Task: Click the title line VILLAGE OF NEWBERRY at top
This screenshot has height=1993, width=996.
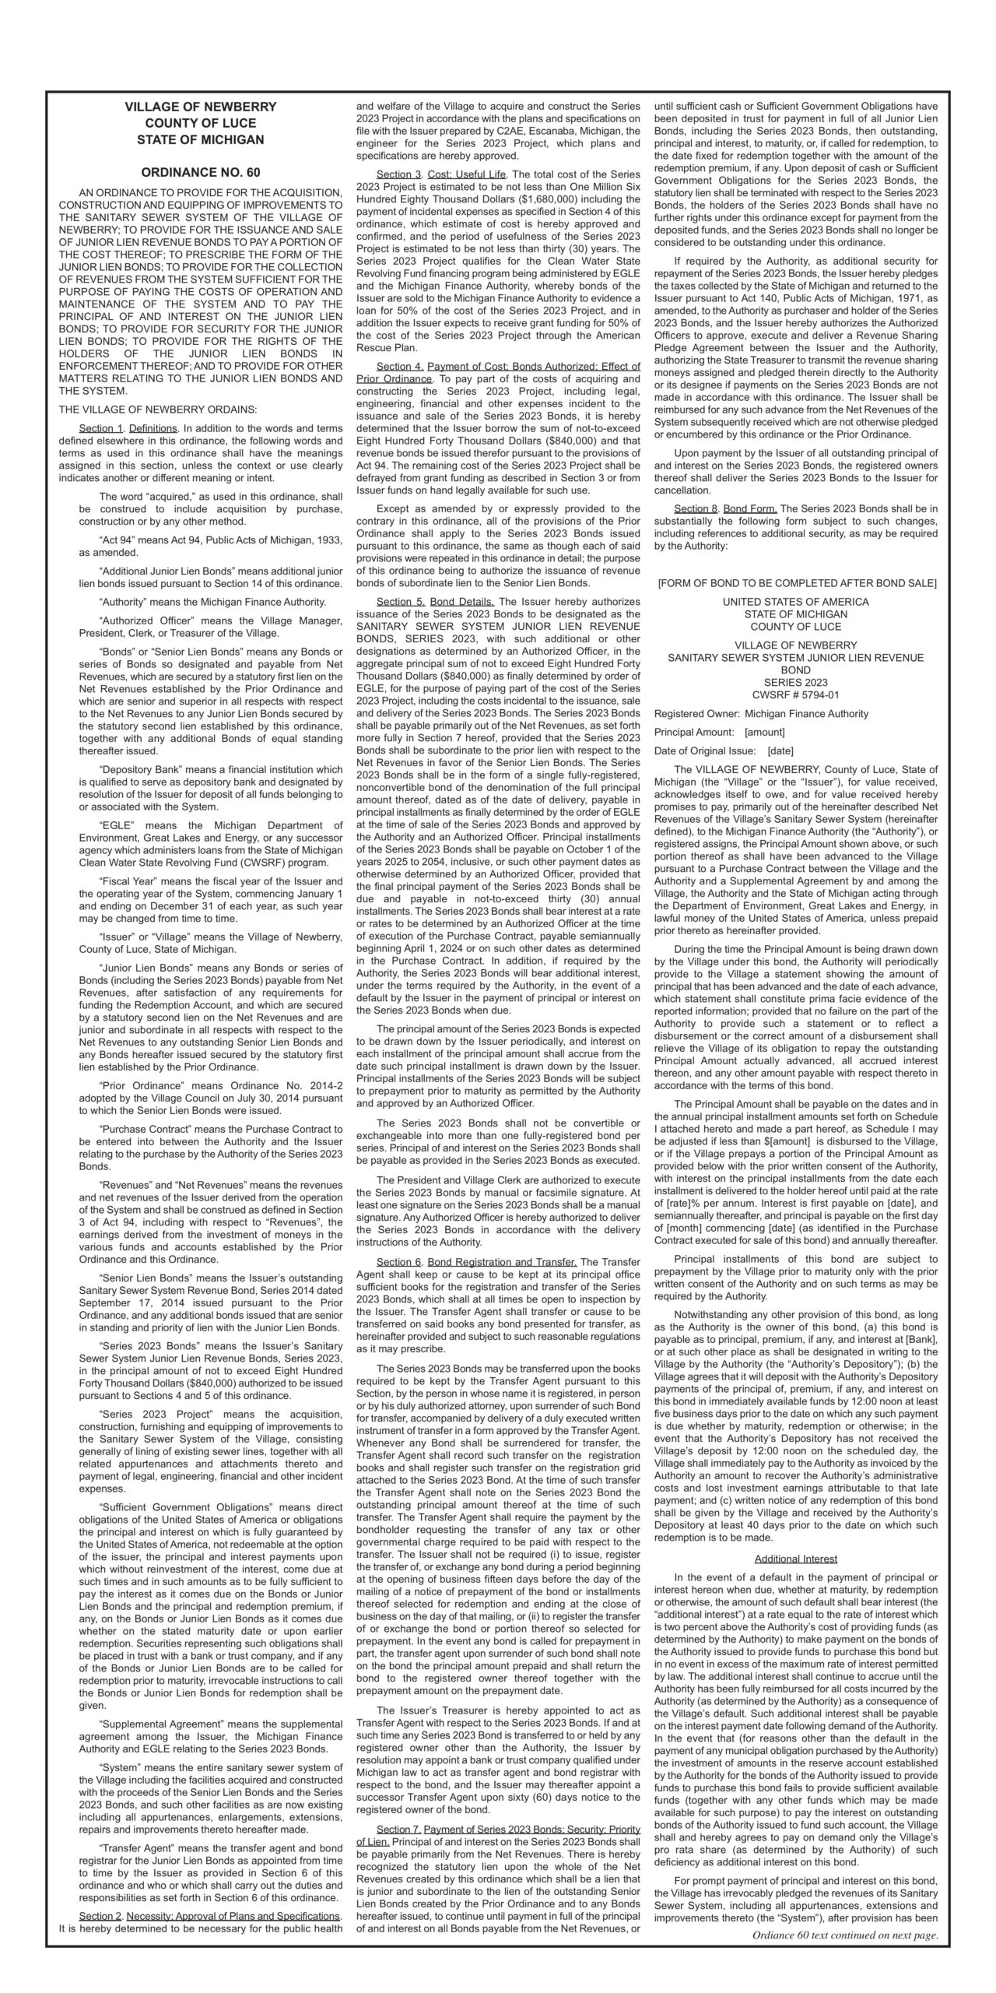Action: (x=200, y=107)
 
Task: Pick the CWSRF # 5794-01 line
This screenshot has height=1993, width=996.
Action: (x=795, y=695)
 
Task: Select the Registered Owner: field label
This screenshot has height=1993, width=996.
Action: (x=697, y=714)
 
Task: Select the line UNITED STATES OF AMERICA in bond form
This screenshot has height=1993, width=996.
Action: (x=795, y=602)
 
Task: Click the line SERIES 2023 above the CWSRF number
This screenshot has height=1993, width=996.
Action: (x=795, y=682)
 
